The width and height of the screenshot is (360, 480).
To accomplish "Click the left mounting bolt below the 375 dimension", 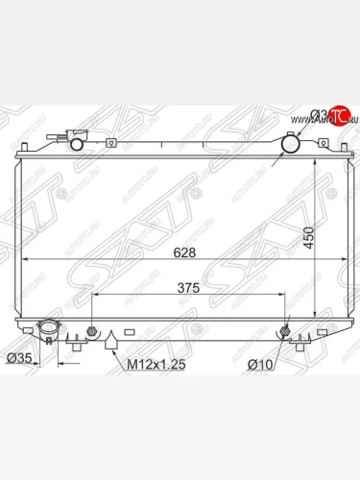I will [x=91, y=333].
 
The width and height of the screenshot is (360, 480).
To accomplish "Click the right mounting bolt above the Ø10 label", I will [x=286, y=333].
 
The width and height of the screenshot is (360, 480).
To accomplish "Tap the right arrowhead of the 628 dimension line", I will [x=324, y=260].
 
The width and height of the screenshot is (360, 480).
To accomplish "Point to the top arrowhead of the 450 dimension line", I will [x=318, y=158].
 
